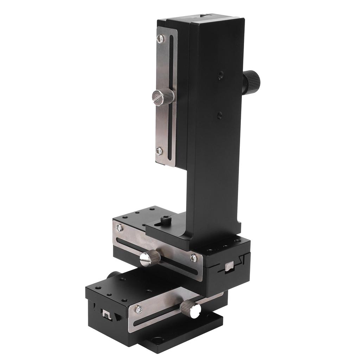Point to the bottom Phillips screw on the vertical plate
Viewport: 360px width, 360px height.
pyautogui.click(x=159, y=151)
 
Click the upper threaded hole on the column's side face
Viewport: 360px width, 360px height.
pyautogui.click(x=220, y=75)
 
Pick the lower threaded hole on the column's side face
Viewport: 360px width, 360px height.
pyautogui.click(x=220, y=114)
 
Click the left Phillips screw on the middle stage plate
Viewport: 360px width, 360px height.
pyautogui.click(x=120, y=228)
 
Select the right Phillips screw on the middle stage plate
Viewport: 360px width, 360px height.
pyautogui.click(x=193, y=258)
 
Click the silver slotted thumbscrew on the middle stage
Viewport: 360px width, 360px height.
pyautogui.click(x=149, y=259)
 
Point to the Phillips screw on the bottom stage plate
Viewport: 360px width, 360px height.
pyautogui.click(x=139, y=309)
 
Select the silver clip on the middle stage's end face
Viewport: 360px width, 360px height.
pyautogui.click(x=230, y=267)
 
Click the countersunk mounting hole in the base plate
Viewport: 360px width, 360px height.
pyautogui.click(x=157, y=340)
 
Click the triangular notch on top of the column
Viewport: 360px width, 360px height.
pyautogui.click(x=203, y=16)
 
